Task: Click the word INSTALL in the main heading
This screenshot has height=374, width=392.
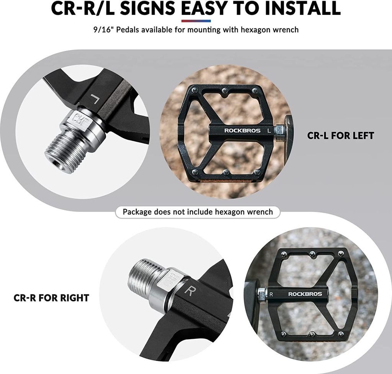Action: (x=303, y=8)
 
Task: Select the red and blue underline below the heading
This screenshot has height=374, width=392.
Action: (x=196, y=21)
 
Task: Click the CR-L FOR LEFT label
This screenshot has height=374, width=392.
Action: (x=340, y=136)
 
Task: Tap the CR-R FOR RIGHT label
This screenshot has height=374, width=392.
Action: (x=51, y=298)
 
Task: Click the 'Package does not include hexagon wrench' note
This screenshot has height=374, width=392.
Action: (x=198, y=212)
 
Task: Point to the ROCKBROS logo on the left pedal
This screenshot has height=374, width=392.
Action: (x=239, y=130)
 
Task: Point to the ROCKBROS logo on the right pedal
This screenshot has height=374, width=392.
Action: (x=305, y=294)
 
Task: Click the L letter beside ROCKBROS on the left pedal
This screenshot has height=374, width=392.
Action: (x=269, y=130)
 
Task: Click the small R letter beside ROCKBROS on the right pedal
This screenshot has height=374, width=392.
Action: (x=271, y=294)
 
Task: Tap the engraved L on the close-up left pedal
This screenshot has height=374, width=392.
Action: (x=95, y=99)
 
